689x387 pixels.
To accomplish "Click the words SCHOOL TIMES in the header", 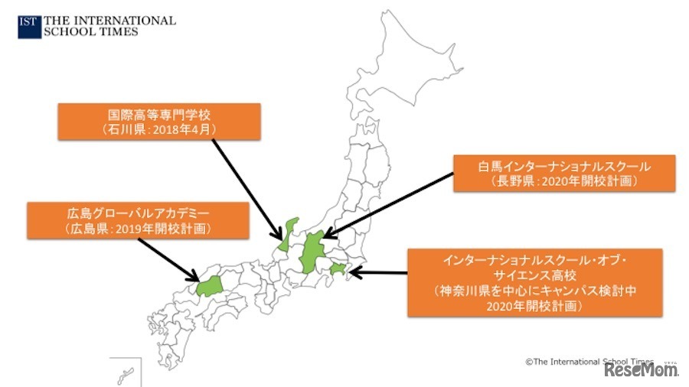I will click(x=92, y=32).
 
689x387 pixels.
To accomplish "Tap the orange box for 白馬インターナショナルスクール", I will click(x=564, y=174).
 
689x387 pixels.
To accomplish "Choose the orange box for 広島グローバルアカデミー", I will click(x=138, y=218).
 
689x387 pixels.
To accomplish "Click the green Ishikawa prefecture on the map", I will click(x=287, y=233).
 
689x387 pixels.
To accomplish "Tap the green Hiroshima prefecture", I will click(x=208, y=286).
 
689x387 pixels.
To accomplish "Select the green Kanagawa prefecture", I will click(x=338, y=268).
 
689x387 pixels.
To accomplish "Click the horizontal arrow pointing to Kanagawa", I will click(x=379, y=272).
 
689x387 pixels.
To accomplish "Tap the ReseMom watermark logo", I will click(x=642, y=370).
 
